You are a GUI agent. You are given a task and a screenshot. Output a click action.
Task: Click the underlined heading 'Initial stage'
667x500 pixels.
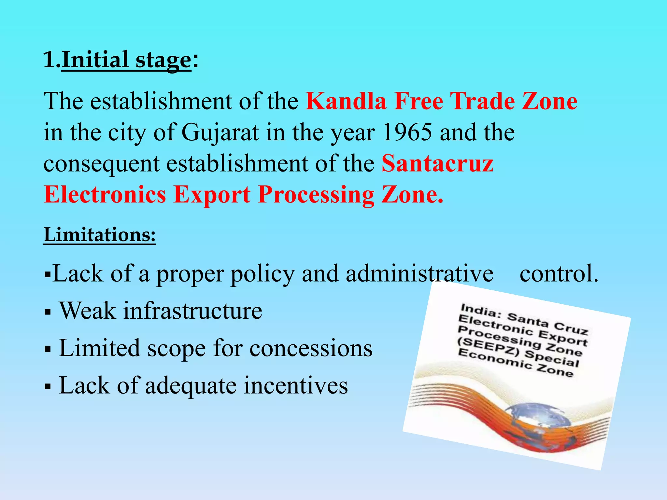126,60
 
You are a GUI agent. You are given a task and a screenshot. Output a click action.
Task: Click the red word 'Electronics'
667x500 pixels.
105,195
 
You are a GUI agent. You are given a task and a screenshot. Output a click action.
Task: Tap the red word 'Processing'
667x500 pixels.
316,195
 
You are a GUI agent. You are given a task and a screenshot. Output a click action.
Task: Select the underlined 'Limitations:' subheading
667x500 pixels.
100,235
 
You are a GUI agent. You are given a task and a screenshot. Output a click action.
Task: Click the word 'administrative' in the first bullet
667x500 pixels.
419,273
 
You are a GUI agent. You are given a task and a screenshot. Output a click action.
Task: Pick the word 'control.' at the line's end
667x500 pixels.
559,273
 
